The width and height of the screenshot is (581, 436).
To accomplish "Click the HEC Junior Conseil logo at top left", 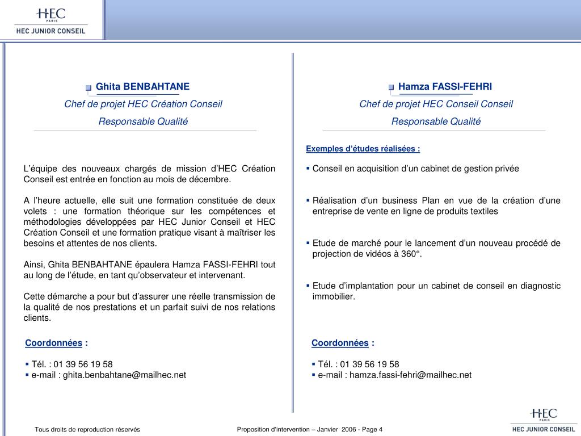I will [50, 20].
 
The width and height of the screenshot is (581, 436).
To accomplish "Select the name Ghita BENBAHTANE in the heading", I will [142, 86].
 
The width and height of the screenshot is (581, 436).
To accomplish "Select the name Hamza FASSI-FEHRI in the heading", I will [445, 86].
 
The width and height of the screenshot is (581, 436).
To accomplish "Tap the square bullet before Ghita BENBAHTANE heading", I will [89, 87].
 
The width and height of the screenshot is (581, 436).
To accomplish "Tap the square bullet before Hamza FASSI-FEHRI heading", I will [391, 87].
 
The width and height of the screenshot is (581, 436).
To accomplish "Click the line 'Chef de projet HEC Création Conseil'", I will [143, 104].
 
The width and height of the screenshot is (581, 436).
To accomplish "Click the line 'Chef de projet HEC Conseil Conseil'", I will [436, 104].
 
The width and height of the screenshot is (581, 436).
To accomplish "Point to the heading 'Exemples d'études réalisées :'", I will [363, 149].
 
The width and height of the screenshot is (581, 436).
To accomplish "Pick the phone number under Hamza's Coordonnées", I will [369, 364].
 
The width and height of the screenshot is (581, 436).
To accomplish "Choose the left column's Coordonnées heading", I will [54, 342].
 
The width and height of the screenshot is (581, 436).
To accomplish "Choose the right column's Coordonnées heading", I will [340, 342].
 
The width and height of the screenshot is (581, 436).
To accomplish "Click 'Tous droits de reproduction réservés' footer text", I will [87, 429].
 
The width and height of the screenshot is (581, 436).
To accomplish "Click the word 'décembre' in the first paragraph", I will [210, 179].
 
